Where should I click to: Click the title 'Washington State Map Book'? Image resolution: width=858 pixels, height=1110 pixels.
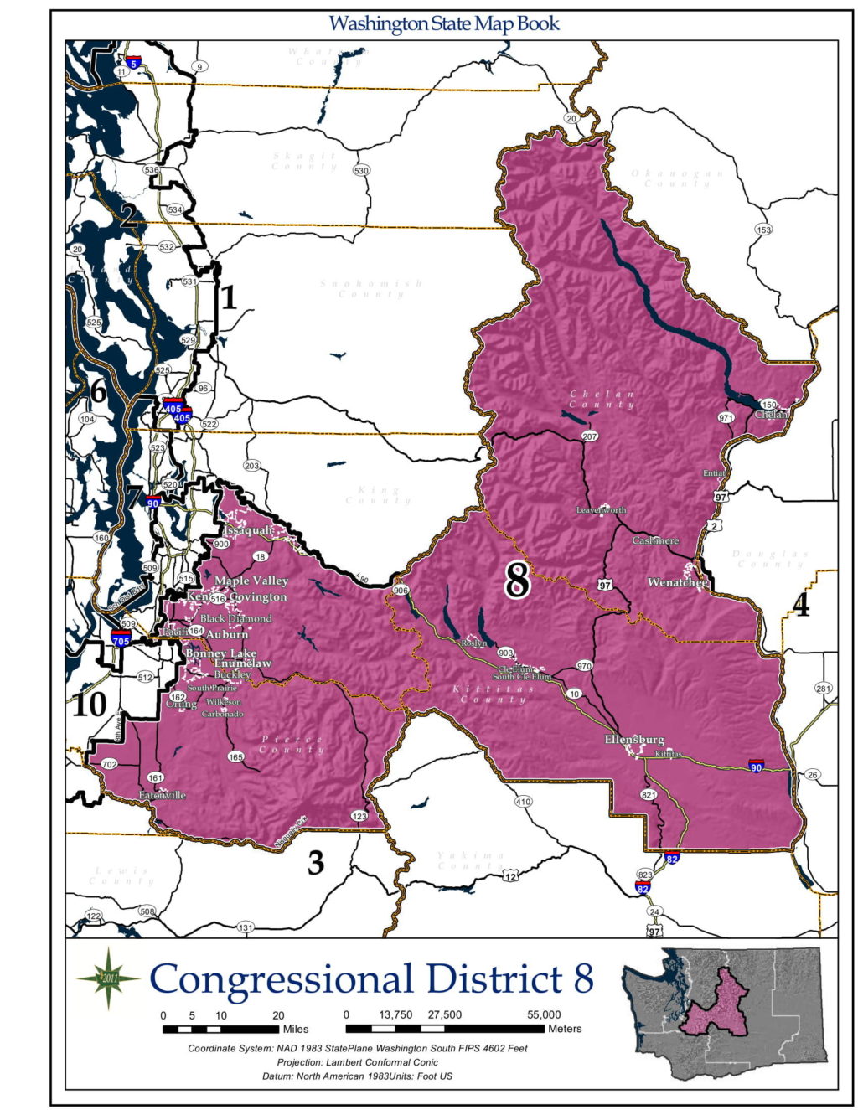[443, 23]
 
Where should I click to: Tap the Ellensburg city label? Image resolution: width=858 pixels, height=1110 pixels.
[634, 740]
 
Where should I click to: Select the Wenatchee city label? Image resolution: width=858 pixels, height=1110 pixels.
[678, 582]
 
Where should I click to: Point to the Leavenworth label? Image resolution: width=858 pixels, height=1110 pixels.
[601, 510]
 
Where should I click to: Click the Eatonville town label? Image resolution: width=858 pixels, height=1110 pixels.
[163, 795]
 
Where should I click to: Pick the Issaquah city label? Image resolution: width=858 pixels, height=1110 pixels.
[248, 530]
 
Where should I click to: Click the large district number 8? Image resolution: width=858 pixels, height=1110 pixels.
[517, 579]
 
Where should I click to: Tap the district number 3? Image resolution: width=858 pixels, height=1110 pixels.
[315, 862]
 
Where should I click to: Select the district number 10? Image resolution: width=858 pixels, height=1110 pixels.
[89, 705]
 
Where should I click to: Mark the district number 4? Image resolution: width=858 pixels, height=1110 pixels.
[801, 605]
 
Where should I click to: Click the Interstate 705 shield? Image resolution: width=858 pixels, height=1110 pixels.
[121, 640]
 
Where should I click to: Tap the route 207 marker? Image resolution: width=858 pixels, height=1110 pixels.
[590, 436]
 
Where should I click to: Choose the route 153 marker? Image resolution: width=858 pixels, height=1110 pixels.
[763, 230]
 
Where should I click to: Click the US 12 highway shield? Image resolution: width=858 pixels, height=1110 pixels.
[510, 876]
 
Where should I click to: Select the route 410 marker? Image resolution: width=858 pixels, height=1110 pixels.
[523, 802]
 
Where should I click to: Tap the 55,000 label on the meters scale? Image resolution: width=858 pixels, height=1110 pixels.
[544, 1014]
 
